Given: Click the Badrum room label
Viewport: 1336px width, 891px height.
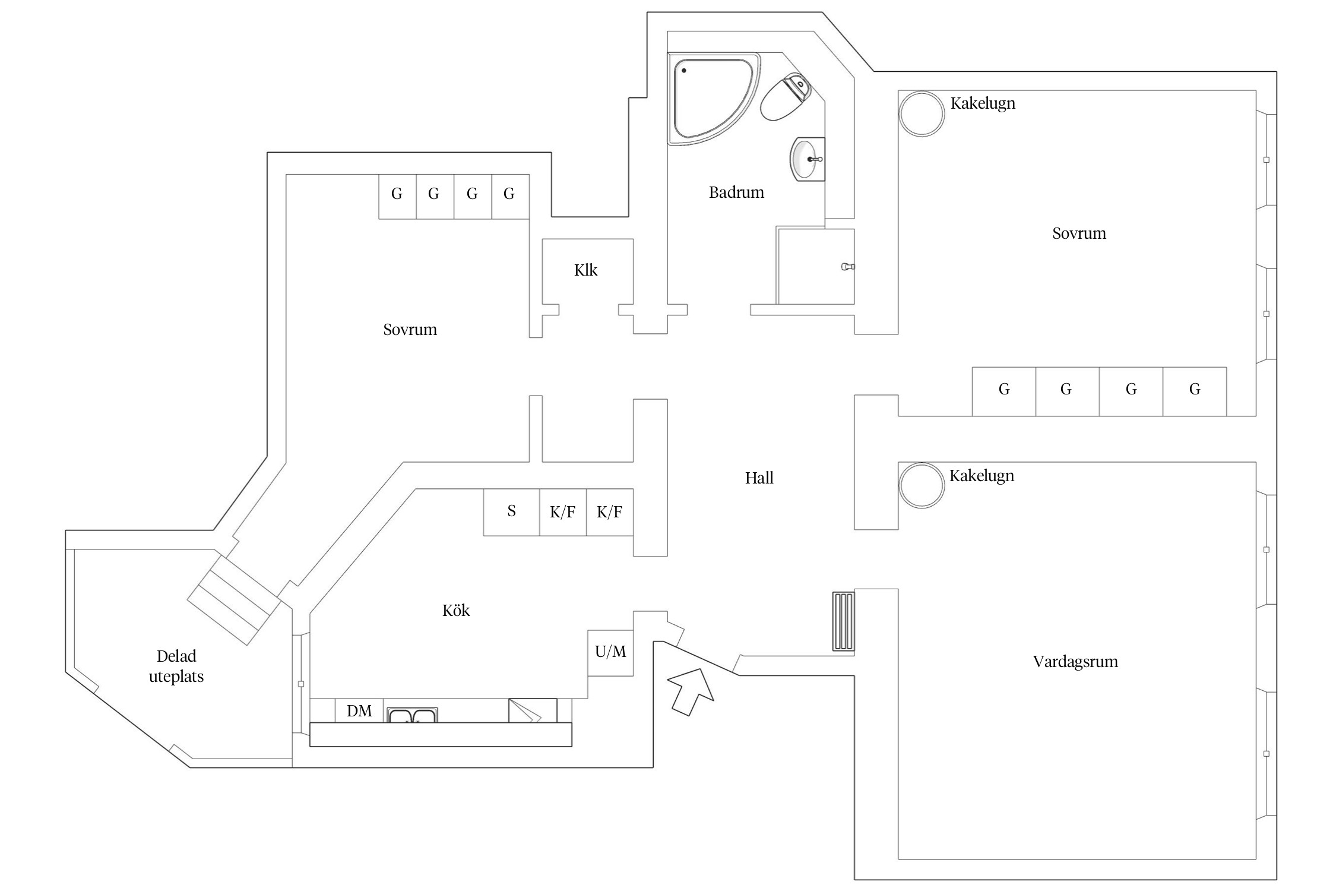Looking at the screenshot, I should tap(736, 192).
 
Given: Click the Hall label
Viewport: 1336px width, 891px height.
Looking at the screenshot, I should tap(759, 478).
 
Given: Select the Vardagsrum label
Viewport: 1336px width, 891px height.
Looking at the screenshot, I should tap(1075, 662).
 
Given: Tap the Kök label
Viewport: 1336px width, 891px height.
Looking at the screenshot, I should tap(456, 611).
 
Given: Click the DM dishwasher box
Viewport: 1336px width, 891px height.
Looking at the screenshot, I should tap(359, 711).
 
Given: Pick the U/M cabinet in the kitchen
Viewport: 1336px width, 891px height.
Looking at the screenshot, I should tap(610, 652).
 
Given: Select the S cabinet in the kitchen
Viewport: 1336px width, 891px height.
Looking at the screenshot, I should tap(511, 512).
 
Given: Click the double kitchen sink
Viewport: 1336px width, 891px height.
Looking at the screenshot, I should tap(413, 715).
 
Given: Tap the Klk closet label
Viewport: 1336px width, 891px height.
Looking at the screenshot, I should tap(585, 270).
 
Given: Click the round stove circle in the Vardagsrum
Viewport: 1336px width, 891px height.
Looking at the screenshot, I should tap(922, 485).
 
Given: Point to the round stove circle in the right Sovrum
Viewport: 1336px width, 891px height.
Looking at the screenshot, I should tap(922, 113).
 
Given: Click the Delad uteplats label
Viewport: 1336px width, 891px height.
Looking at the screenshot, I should tap(176, 666).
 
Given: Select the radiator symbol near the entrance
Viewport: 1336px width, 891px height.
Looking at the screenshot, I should tap(843, 621).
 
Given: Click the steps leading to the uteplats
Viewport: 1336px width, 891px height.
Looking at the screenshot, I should tap(234, 600).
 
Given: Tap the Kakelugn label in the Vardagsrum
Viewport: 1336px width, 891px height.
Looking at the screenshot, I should tap(982, 476).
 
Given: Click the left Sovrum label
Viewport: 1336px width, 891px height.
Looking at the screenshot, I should tap(410, 330).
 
